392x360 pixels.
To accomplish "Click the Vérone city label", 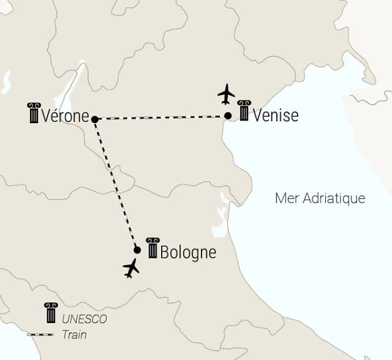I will tap(66, 116).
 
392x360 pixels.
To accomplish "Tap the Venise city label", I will tap(276, 115).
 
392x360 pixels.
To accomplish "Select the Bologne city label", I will tap(188, 252).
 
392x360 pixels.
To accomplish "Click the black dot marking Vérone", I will tap(94, 119).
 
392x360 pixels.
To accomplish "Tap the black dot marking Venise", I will tap(227, 116).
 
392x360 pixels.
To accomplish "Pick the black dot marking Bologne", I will tap(137, 250).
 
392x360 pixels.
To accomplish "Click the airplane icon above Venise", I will tap(227, 94).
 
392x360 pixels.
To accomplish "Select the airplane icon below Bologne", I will tap(131, 268).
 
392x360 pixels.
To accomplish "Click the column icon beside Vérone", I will tap(33, 113).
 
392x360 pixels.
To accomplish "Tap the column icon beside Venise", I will tap(244, 111).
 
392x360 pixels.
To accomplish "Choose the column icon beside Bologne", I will tap(152, 247).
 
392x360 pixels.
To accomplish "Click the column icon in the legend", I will tap(51, 313).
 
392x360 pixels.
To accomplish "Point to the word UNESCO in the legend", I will tap(84, 319).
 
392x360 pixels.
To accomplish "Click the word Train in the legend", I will tap(74, 335).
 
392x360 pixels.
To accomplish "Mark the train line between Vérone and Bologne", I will tap(116, 184).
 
